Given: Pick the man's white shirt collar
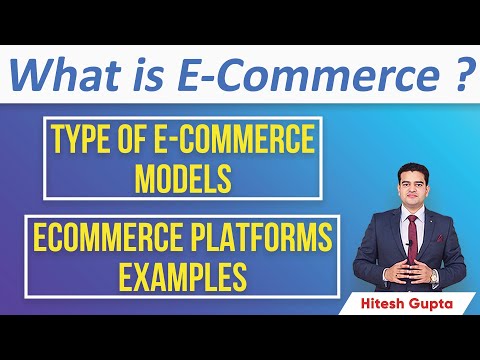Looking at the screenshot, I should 398,208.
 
